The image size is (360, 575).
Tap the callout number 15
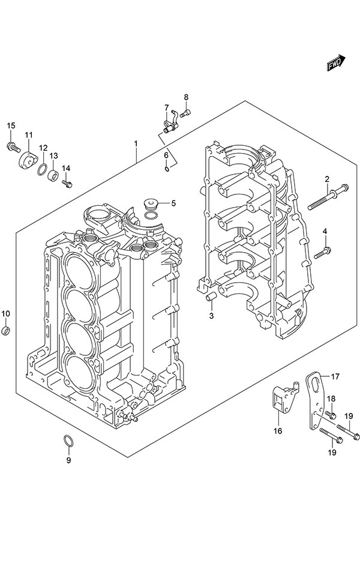tap(11, 126)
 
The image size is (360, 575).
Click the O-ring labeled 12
tap(43, 170)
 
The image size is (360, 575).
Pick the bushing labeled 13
tap(53, 175)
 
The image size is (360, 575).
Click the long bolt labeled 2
tap(328, 197)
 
